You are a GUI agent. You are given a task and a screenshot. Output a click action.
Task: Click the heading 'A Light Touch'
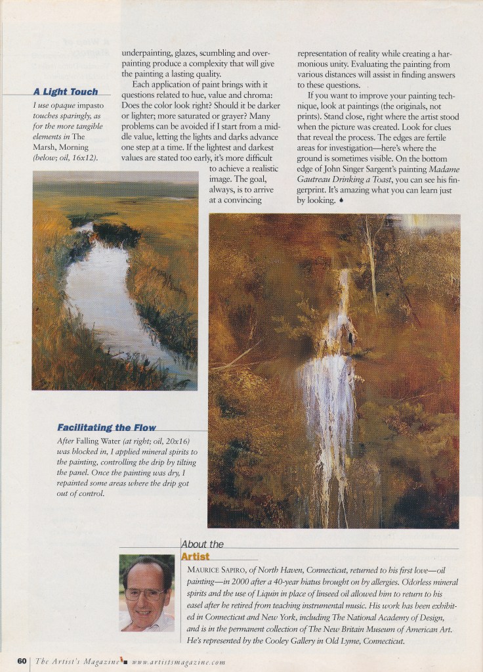pos(65,92)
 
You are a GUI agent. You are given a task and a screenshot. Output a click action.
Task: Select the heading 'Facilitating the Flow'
pos(107,428)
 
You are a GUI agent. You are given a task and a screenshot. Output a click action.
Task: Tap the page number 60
pos(22,661)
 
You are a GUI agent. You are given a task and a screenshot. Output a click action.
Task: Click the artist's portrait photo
pos(146,593)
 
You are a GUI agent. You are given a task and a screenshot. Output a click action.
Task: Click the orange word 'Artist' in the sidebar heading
pos(195,557)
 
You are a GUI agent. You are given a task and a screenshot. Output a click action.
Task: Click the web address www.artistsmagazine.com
pos(178,661)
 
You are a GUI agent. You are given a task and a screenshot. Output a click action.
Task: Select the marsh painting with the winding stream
pos(115,280)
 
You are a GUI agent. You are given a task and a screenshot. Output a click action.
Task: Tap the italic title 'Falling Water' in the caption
pos(101,441)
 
